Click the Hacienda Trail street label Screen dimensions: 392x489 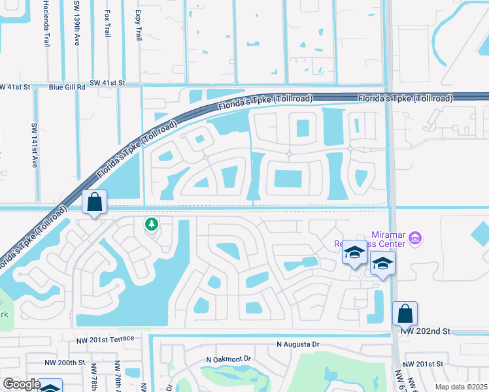(46, 23)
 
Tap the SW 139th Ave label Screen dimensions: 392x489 (76, 23)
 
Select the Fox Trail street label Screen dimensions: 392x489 (107, 23)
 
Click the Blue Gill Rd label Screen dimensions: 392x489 (67, 86)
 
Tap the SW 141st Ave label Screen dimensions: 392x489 (35, 145)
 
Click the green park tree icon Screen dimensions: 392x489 (152, 225)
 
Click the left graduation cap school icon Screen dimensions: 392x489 (354, 253)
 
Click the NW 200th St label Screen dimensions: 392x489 (65, 362)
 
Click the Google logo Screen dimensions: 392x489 (21, 384)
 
